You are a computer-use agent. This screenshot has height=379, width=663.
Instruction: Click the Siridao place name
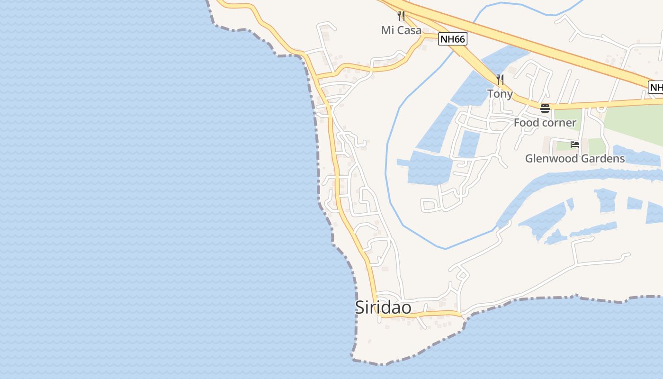tap(383, 307)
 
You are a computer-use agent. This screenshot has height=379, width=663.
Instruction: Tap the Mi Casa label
tap(401, 30)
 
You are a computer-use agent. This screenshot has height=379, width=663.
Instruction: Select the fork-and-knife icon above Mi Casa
tap(401, 16)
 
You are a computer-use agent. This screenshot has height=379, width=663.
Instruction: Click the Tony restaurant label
tap(500, 94)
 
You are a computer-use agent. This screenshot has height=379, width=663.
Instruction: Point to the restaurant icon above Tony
tap(500, 79)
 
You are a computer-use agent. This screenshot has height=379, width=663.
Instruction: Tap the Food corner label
tap(545, 123)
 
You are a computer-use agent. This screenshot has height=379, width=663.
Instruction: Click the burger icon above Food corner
tap(545, 108)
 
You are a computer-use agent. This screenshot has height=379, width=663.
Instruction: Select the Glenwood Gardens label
tap(575, 159)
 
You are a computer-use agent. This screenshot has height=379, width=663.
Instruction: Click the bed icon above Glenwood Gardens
tap(575, 144)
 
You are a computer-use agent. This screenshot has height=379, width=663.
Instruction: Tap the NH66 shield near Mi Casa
tap(452, 39)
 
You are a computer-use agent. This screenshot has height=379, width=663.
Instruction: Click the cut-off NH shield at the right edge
tap(656, 87)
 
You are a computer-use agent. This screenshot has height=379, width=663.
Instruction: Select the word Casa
tap(408, 30)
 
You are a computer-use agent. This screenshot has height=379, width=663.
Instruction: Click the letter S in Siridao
tap(361, 307)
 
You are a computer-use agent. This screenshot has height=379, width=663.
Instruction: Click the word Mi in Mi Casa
tap(387, 30)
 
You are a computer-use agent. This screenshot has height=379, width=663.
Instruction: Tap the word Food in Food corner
tap(526, 123)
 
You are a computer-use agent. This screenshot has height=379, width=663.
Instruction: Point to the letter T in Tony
tap(491, 94)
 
